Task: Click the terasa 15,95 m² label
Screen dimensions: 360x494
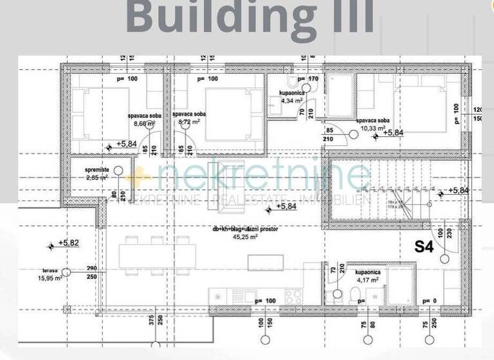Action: click(x=49, y=274)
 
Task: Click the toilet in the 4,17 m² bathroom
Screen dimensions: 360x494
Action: click(x=354, y=295)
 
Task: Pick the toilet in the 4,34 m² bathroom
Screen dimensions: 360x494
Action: click(x=291, y=82)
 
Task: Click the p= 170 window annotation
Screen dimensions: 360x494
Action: click(x=307, y=79)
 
